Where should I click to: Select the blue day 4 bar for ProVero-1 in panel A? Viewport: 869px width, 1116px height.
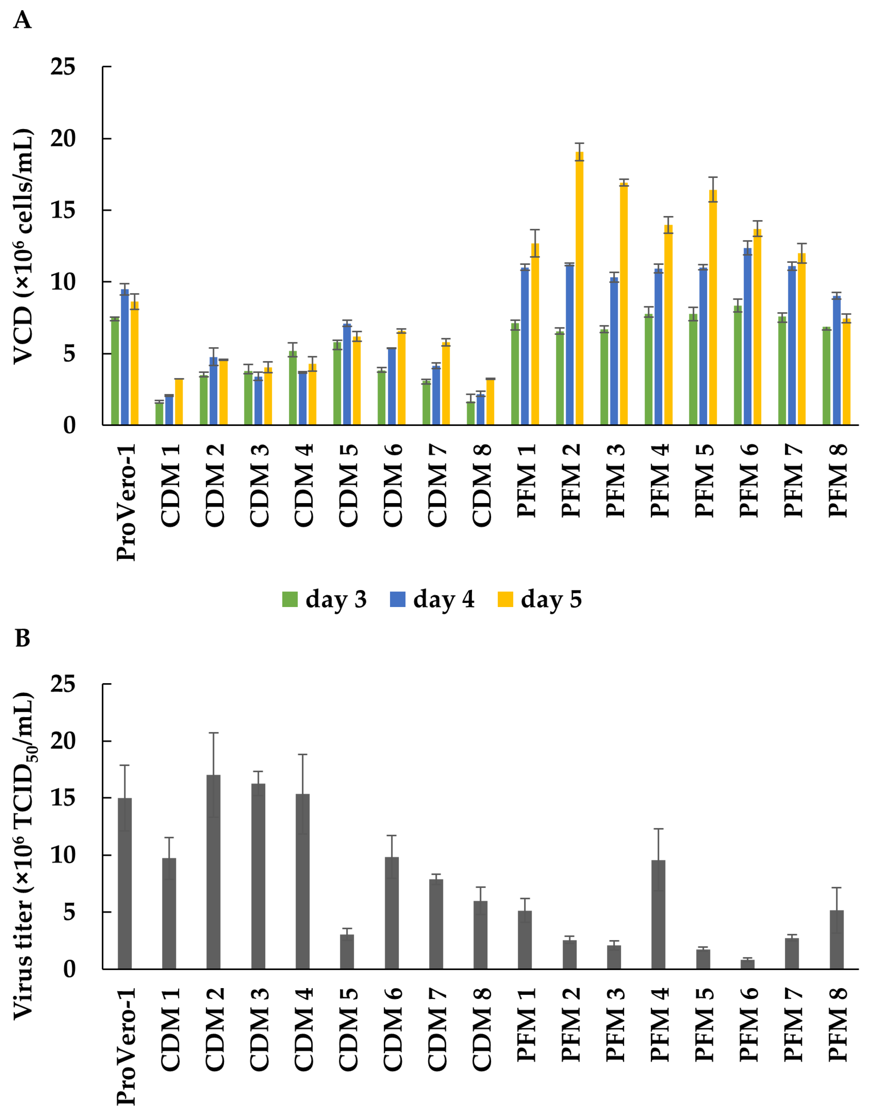coord(125,358)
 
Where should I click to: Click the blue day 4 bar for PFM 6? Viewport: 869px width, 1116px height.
coord(747,337)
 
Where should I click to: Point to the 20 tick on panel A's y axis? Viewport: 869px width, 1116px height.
coord(63,138)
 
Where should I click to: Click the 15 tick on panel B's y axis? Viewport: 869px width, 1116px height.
coord(63,798)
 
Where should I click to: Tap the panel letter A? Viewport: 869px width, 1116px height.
coord(22,20)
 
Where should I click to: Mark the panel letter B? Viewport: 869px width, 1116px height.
coord(22,638)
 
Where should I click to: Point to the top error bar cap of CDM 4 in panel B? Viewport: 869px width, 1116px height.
coord(303,754)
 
